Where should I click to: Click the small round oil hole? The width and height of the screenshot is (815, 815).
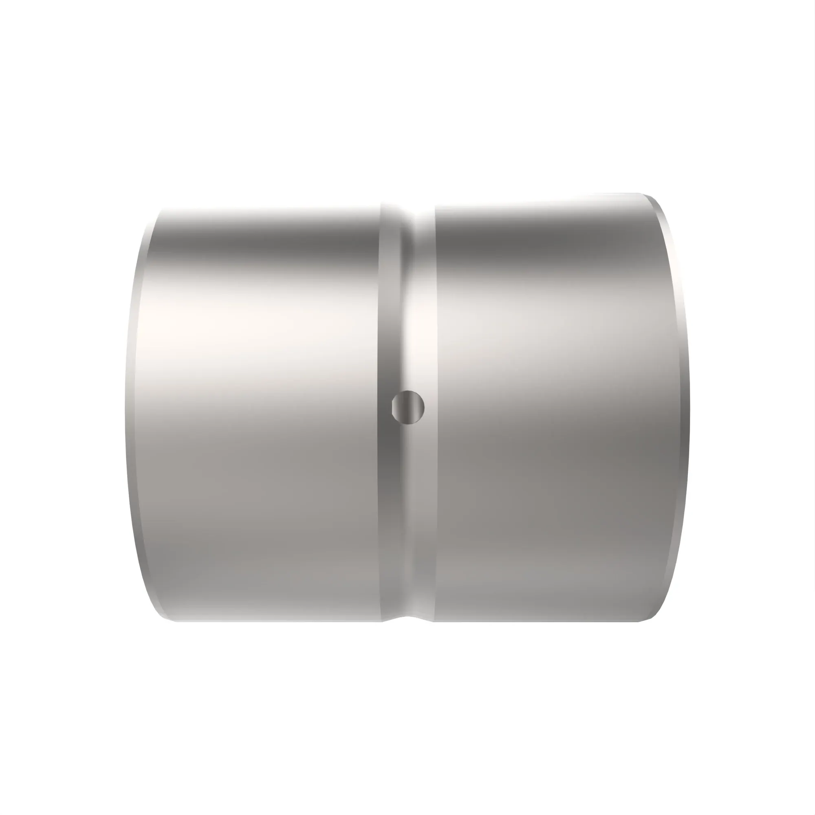408,407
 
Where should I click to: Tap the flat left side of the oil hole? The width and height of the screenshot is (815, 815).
393,407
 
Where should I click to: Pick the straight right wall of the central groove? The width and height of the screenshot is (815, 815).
434,422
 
